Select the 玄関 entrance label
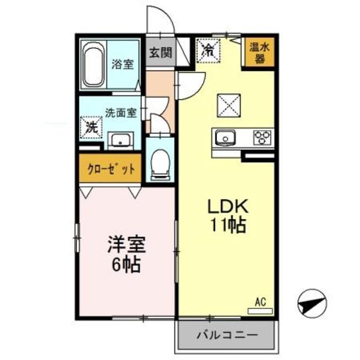pos(159,53)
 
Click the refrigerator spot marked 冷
pos(209,50)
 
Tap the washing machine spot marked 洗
pos(91,126)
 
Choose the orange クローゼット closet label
pos(110,169)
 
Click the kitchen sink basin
pos(226,137)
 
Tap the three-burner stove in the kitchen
pos(263,137)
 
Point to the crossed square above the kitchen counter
pos(229,105)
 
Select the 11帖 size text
pos(228,226)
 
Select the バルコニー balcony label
pos(227,335)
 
